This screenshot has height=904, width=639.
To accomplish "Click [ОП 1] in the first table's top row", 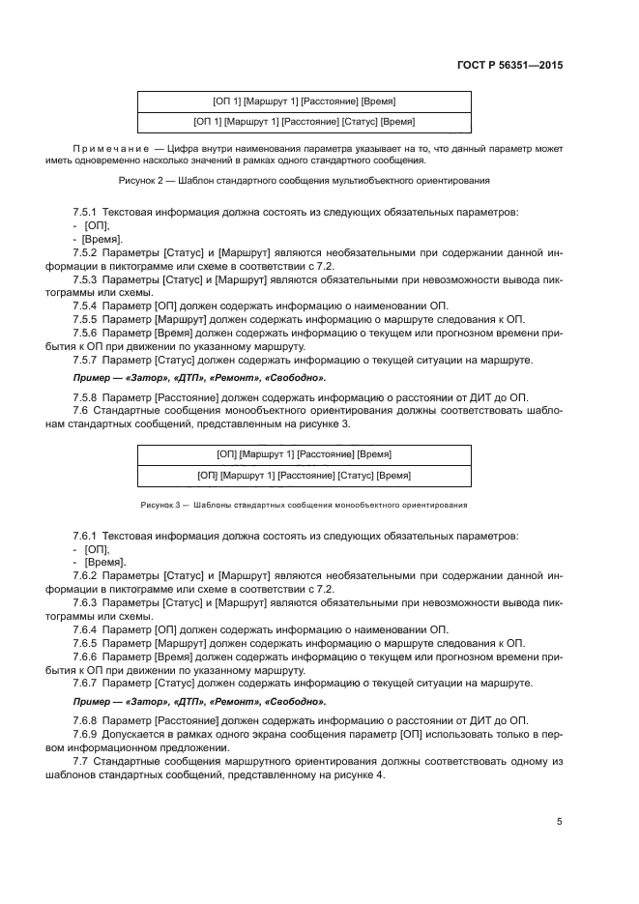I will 226,102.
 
